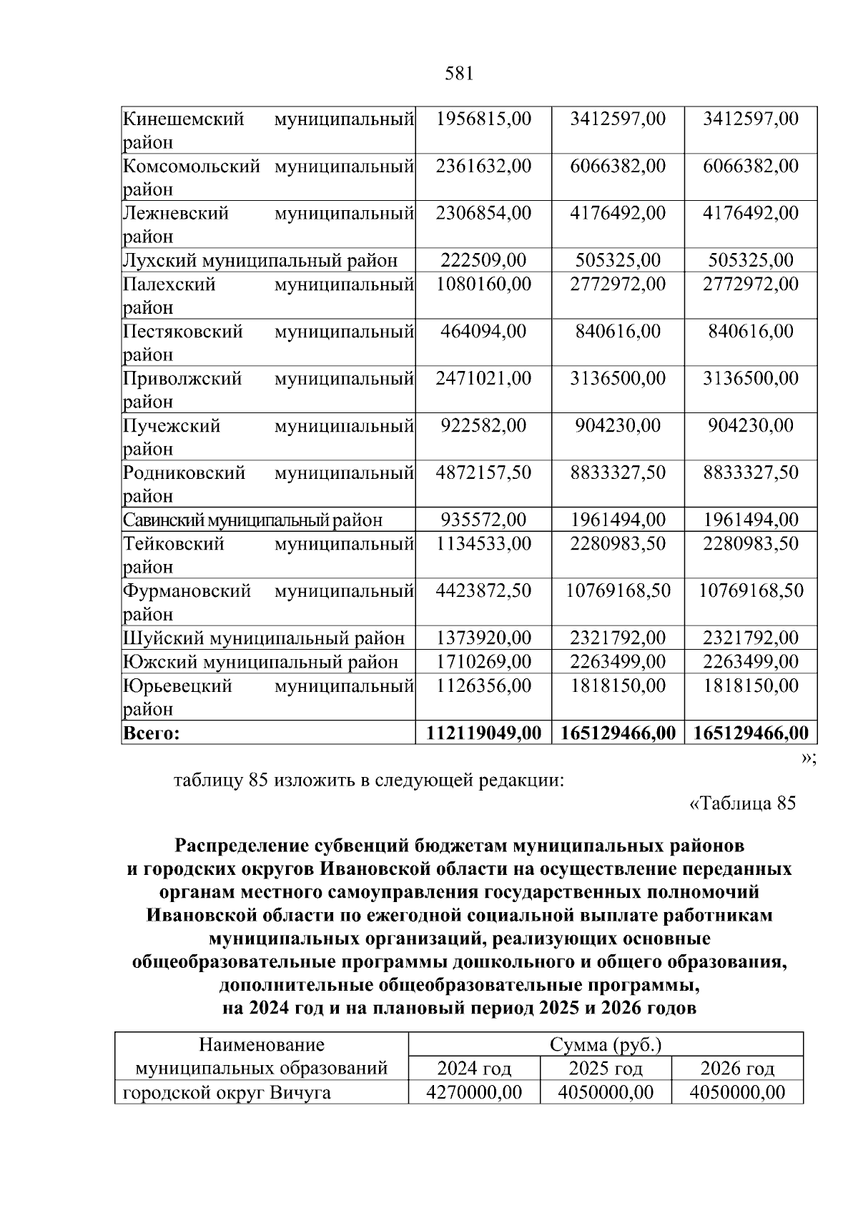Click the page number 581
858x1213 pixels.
click(459, 73)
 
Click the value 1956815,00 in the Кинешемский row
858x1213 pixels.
click(483, 119)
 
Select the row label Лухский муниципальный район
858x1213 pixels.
click(260, 260)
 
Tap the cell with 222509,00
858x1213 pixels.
click(483, 260)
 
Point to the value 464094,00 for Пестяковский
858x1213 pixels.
click(483, 331)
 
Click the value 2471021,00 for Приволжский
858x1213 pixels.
click(483, 378)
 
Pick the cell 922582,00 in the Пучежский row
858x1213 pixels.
click(483, 425)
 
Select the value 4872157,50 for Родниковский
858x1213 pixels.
click(483, 472)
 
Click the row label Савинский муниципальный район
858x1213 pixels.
click(252, 520)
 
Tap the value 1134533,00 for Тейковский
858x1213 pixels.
click(483, 544)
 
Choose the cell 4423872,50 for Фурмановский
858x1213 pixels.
click(483, 590)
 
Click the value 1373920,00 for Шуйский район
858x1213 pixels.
click(483, 638)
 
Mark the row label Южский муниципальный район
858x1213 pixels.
click(260, 662)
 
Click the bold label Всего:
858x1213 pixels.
click(151, 733)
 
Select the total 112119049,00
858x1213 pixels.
click(483, 733)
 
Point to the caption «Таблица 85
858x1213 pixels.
click(741, 803)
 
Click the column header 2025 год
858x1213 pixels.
click(606, 1069)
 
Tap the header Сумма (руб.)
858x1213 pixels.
click(606, 1045)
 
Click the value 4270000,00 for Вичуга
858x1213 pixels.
click(473, 1092)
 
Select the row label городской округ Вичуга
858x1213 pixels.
click(227, 1092)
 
